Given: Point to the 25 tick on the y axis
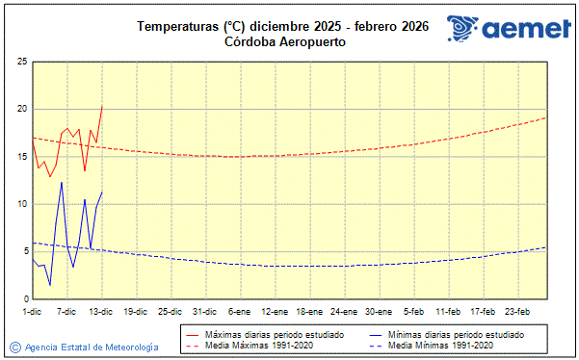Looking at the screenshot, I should click(x=21, y=62).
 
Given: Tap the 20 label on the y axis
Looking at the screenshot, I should click(x=21, y=109).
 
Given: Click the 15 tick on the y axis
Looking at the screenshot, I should click(x=21, y=156).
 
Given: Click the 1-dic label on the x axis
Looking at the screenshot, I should click(x=32, y=311).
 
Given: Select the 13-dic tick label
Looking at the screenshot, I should click(x=100, y=311).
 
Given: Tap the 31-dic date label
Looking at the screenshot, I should click(x=203, y=311).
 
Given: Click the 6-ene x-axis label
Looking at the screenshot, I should click(x=239, y=311).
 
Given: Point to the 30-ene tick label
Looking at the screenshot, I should click(x=378, y=311).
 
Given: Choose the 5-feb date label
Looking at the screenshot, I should click(x=414, y=311).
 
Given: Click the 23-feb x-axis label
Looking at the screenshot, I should click(x=518, y=311).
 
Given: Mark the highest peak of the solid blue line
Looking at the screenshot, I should click(x=62, y=182).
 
